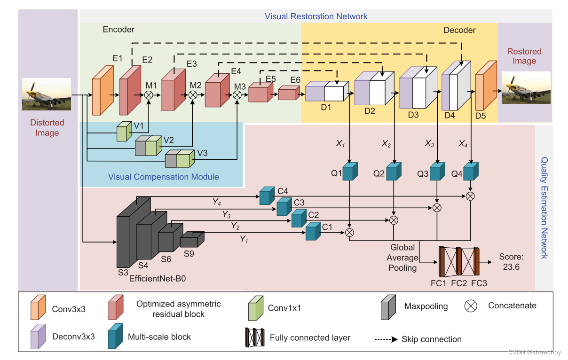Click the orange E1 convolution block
tap(103, 90)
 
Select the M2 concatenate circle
tap(192, 95)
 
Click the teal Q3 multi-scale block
tap(436, 172)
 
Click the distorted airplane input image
tap(47, 94)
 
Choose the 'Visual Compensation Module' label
tap(163, 177)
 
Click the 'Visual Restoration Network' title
tap(316, 16)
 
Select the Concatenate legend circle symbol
tap(471, 306)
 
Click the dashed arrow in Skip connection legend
tap(387, 339)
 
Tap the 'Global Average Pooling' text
tap(402, 258)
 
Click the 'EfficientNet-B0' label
tap(158, 278)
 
